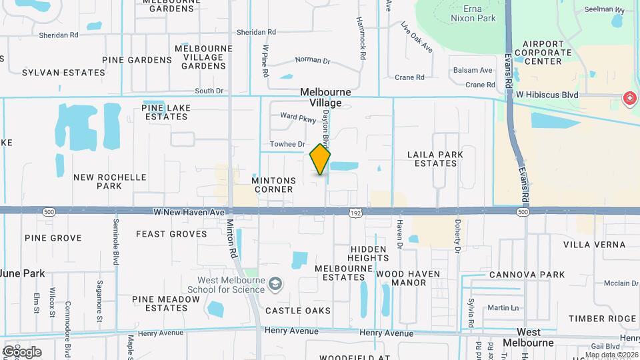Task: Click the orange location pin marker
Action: coord(320,159)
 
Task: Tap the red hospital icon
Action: coord(629,99)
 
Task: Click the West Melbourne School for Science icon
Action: coord(274,285)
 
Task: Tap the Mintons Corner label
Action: coord(272,185)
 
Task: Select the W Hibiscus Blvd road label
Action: coord(547,95)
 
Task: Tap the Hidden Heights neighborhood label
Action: coord(368,253)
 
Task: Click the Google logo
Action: coord(22,351)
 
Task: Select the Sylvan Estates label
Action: coord(55,72)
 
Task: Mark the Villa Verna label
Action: coord(594,245)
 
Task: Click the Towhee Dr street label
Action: coord(287,144)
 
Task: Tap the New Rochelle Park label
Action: coord(110,181)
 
